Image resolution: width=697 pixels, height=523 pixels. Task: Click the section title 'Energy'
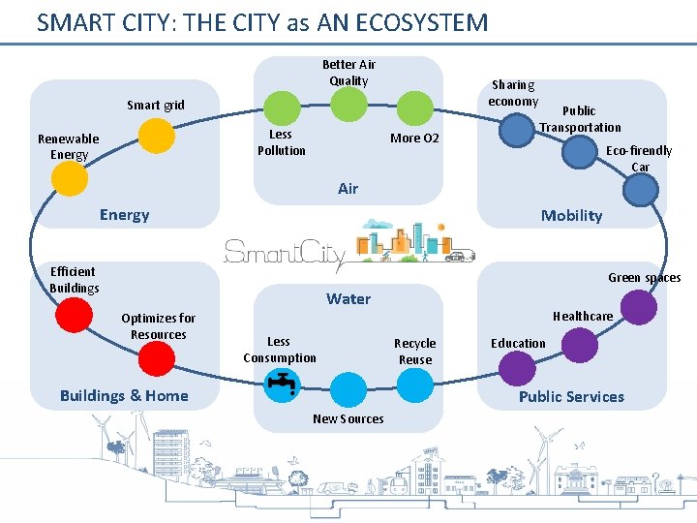point(124,215)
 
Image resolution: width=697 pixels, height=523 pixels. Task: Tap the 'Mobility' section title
point(571,216)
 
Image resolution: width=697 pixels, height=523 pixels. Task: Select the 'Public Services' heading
point(571,396)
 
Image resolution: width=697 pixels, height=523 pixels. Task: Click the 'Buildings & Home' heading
point(124,395)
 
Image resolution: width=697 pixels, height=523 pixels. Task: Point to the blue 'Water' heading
point(348,299)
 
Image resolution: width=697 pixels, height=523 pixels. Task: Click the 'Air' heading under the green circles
point(348,189)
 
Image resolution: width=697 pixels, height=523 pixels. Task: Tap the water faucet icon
point(283,383)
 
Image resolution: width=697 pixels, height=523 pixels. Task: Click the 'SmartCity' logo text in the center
point(285,253)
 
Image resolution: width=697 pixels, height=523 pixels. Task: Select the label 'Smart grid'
point(155,105)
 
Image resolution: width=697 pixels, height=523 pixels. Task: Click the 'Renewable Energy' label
point(69,146)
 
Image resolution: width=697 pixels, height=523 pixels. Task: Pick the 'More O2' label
point(414,138)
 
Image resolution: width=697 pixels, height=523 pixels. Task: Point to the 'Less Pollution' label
point(282,142)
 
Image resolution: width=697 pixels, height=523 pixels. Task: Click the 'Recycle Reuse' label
point(414,352)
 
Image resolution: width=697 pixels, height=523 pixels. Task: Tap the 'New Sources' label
point(348,419)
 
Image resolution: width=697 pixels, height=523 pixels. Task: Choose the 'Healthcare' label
point(583,317)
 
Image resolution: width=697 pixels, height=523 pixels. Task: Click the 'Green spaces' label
point(644,278)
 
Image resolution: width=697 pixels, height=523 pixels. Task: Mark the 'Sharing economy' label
point(513,94)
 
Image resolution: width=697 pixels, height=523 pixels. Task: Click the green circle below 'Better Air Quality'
point(348,105)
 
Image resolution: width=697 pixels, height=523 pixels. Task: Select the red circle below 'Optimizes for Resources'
point(157,357)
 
